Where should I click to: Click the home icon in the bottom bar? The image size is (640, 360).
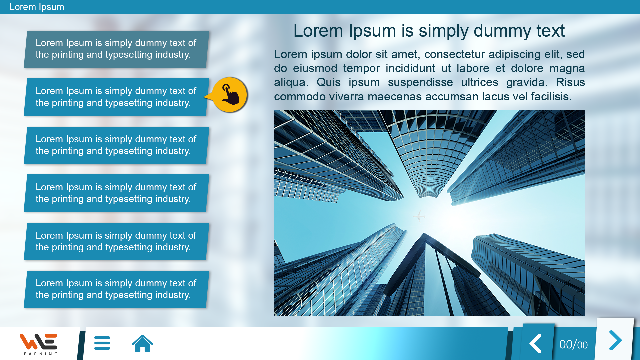[142, 343]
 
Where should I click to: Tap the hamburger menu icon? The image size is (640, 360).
[102, 343]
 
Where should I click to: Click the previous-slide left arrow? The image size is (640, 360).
[536, 343]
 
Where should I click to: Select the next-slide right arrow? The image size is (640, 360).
[615, 340]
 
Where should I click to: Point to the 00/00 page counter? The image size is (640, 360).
[573, 345]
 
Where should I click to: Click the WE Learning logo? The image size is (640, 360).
[38, 344]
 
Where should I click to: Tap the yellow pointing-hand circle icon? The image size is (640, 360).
[230, 95]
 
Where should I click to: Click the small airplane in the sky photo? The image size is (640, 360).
[419, 216]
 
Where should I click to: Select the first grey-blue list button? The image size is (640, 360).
[116, 49]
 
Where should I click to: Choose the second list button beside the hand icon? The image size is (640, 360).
[116, 97]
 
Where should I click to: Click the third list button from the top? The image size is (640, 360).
[116, 145]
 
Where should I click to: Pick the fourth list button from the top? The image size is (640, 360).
[116, 193]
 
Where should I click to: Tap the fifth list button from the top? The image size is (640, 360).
[116, 242]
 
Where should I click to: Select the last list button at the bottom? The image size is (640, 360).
[116, 289]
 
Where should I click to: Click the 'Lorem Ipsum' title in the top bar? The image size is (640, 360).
[37, 7]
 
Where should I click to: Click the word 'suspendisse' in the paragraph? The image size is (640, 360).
[420, 82]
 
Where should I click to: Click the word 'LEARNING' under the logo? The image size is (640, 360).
[38, 354]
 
